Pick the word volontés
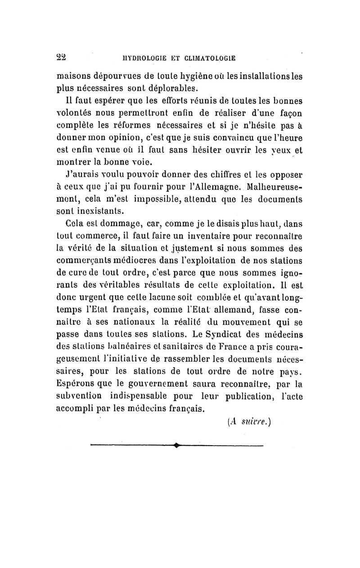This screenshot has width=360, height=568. [x=72, y=111]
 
